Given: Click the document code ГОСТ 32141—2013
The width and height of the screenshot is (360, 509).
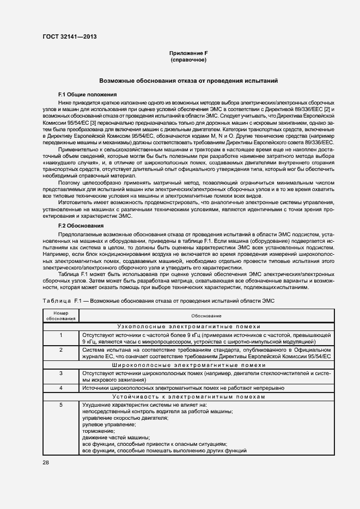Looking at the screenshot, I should pos(69,37).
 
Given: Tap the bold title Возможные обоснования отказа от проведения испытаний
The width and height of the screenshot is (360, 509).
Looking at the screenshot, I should pos(188,81).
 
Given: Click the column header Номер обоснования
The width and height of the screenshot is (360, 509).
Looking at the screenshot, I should pos(61,316).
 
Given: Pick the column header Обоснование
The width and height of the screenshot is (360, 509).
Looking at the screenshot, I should pos(206,316).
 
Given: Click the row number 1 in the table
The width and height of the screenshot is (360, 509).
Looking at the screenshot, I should pos(61,334).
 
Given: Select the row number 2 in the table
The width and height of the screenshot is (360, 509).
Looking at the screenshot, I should pos(61,349).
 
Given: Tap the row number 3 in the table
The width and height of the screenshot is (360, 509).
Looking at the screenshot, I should pos(61,373).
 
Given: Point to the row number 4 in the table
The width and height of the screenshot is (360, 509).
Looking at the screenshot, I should pos(61,388).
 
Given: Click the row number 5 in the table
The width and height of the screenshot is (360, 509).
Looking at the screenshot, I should pos(61,405).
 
